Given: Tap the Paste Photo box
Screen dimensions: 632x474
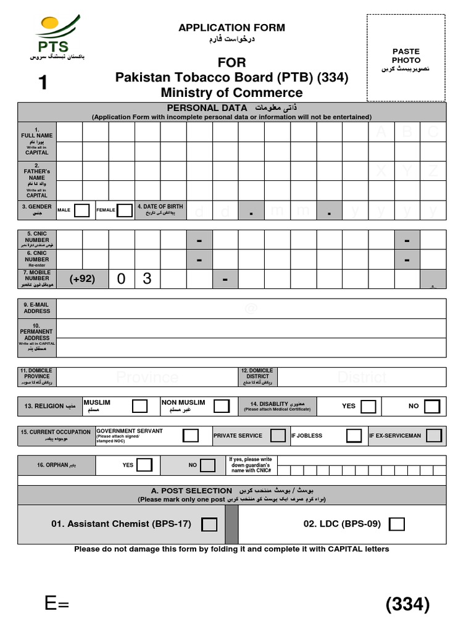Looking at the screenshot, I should click(406, 57).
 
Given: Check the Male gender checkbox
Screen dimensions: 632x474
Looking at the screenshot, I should click(81, 210).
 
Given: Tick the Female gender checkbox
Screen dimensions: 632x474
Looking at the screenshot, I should click(125, 210).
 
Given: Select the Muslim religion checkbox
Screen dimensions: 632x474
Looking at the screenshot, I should click(140, 406).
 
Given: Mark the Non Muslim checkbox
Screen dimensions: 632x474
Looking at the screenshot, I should click(219, 406).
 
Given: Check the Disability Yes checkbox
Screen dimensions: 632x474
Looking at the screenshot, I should click(368, 406).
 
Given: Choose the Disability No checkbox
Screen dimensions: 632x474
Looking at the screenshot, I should click(432, 406).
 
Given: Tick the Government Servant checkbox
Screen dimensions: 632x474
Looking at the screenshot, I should click(191, 436).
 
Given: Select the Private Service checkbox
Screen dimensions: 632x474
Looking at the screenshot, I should click(278, 436).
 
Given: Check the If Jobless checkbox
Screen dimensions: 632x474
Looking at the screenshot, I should click(354, 436).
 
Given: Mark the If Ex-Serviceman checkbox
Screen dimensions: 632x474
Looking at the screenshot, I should click(434, 436).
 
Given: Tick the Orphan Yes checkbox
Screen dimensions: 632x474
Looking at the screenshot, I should click(144, 465).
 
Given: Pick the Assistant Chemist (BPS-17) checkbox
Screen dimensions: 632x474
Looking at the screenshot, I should click(210, 525).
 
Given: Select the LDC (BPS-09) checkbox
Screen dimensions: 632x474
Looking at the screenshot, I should click(397, 525).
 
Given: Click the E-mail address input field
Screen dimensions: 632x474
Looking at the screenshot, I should click(251, 309).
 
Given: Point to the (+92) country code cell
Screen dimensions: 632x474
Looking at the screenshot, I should click(82, 279).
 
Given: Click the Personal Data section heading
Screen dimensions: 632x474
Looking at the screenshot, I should click(231, 108).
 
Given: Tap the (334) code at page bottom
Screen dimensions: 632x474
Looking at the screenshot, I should click(407, 605).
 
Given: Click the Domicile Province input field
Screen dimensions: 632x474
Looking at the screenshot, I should click(147, 377).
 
